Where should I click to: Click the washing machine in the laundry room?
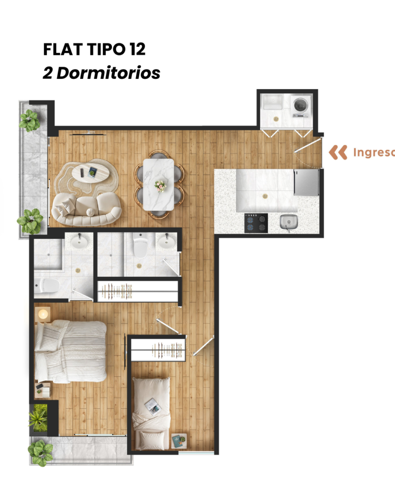tap(300, 106)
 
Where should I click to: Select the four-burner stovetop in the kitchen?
tap(256, 223)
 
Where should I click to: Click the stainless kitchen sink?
tap(289, 221)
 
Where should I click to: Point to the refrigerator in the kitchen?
tap(306, 182)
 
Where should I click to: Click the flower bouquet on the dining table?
tap(160, 185)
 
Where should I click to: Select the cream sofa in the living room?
tap(86, 209)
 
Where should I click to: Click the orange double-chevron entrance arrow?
tap(338, 153)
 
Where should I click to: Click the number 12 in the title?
tap(137, 50)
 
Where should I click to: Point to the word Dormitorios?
tap(109, 73)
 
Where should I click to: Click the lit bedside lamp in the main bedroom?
tap(43, 314)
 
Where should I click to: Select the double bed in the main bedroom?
tap(70, 351)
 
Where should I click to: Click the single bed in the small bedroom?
tap(151, 413)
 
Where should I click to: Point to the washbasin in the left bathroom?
tap(79, 242)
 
